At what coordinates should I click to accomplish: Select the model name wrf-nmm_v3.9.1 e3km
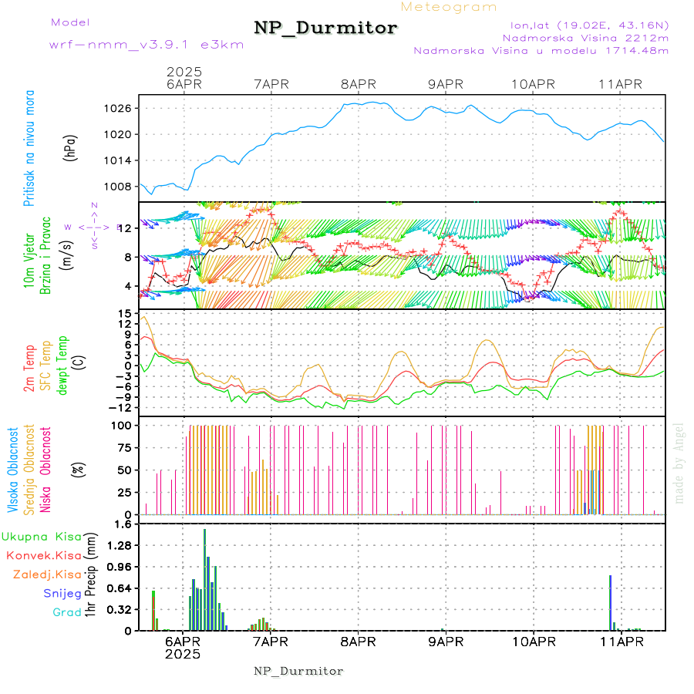146,45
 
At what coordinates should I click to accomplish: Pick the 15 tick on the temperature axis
123,314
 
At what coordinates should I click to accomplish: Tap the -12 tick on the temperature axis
120,407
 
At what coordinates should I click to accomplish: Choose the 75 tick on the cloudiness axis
121,447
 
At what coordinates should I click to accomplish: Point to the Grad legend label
66,612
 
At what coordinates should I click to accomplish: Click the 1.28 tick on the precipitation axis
118,545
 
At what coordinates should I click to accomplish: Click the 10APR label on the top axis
533,84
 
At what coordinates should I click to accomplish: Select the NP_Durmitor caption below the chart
298,671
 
